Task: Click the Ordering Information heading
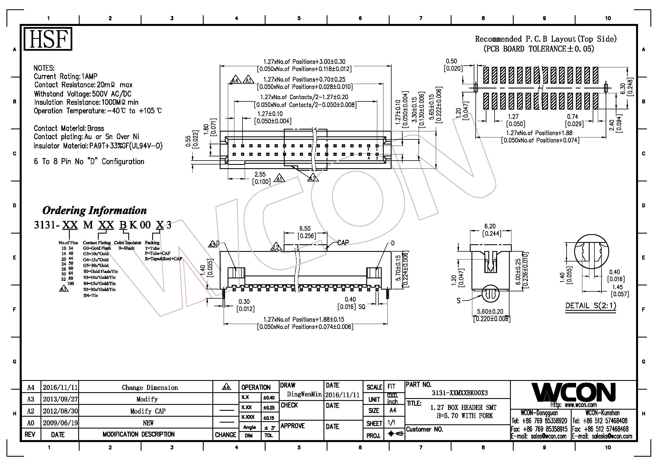(x=94, y=210)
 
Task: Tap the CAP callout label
(x=343, y=243)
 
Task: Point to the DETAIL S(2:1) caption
(x=590, y=306)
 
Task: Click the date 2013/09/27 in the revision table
(x=60, y=399)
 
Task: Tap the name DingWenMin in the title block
(x=304, y=394)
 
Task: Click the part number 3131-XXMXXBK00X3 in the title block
(x=460, y=393)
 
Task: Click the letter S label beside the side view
(x=459, y=301)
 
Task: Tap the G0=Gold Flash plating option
(x=97, y=248)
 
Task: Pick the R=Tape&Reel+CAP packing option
(x=163, y=259)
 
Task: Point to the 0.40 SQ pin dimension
(x=351, y=303)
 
